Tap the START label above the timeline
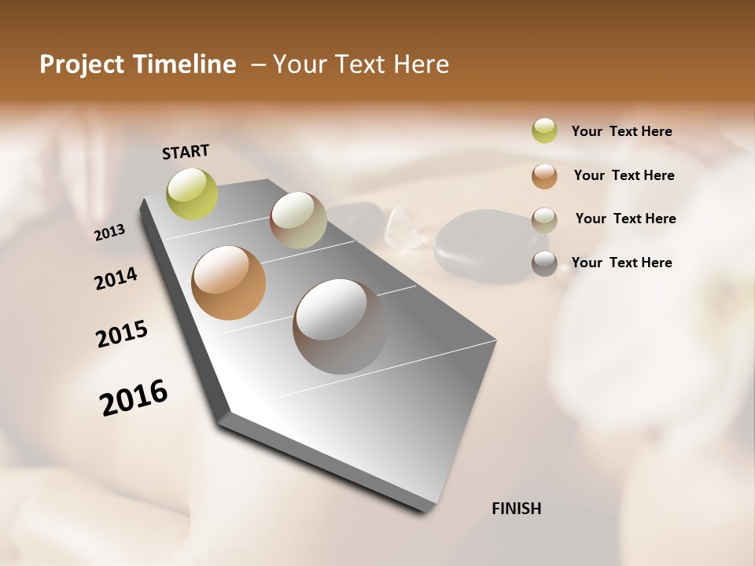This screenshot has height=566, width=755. (186, 152)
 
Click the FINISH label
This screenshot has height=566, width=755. (517, 509)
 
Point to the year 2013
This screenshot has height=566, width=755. (110, 232)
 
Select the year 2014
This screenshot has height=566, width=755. (116, 278)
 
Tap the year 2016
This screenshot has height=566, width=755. (134, 398)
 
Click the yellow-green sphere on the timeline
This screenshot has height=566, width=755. (192, 193)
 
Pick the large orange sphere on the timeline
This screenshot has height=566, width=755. (229, 283)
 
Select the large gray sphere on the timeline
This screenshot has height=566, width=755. (340, 325)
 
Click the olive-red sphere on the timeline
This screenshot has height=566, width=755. (298, 220)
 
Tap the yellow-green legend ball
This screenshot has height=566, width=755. (544, 130)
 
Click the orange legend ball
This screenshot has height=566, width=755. (544, 175)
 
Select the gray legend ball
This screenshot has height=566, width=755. (544, 263)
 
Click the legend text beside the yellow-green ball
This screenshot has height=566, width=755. (622, 131)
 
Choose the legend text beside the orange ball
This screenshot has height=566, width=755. (624, 175)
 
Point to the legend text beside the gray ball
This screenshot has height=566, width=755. (622, 263)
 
